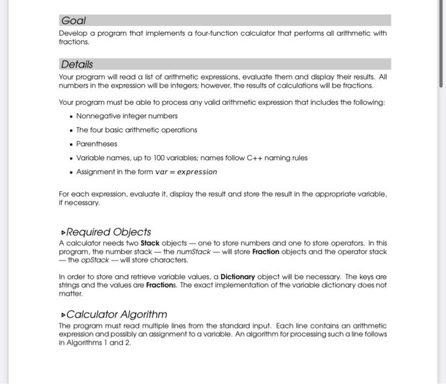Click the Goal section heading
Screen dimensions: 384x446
(73, 20)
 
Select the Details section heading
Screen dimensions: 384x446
(76, 64)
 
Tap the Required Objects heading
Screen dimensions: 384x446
(109, 232)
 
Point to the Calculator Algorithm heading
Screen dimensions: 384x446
(117, 314)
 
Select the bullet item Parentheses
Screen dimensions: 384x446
(97, 144)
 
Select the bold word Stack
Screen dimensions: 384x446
(152, 243)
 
